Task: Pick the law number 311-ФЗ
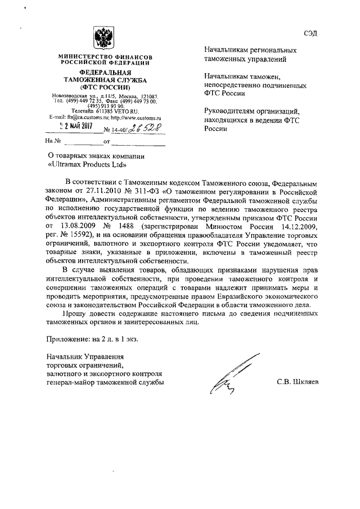(147, 192)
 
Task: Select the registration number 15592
(91, 235)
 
